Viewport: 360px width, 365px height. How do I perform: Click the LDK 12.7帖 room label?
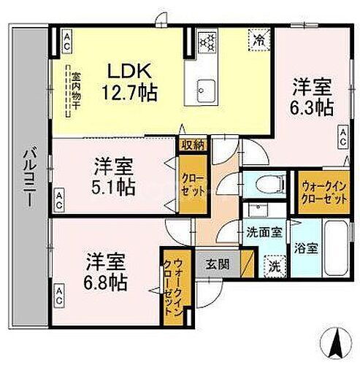tap(132, 82)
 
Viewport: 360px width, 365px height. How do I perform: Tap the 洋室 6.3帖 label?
tap(313, 96)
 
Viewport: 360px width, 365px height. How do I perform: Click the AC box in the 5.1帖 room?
tap(60, 196)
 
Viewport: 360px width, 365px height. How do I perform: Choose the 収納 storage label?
tap(193, 145)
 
